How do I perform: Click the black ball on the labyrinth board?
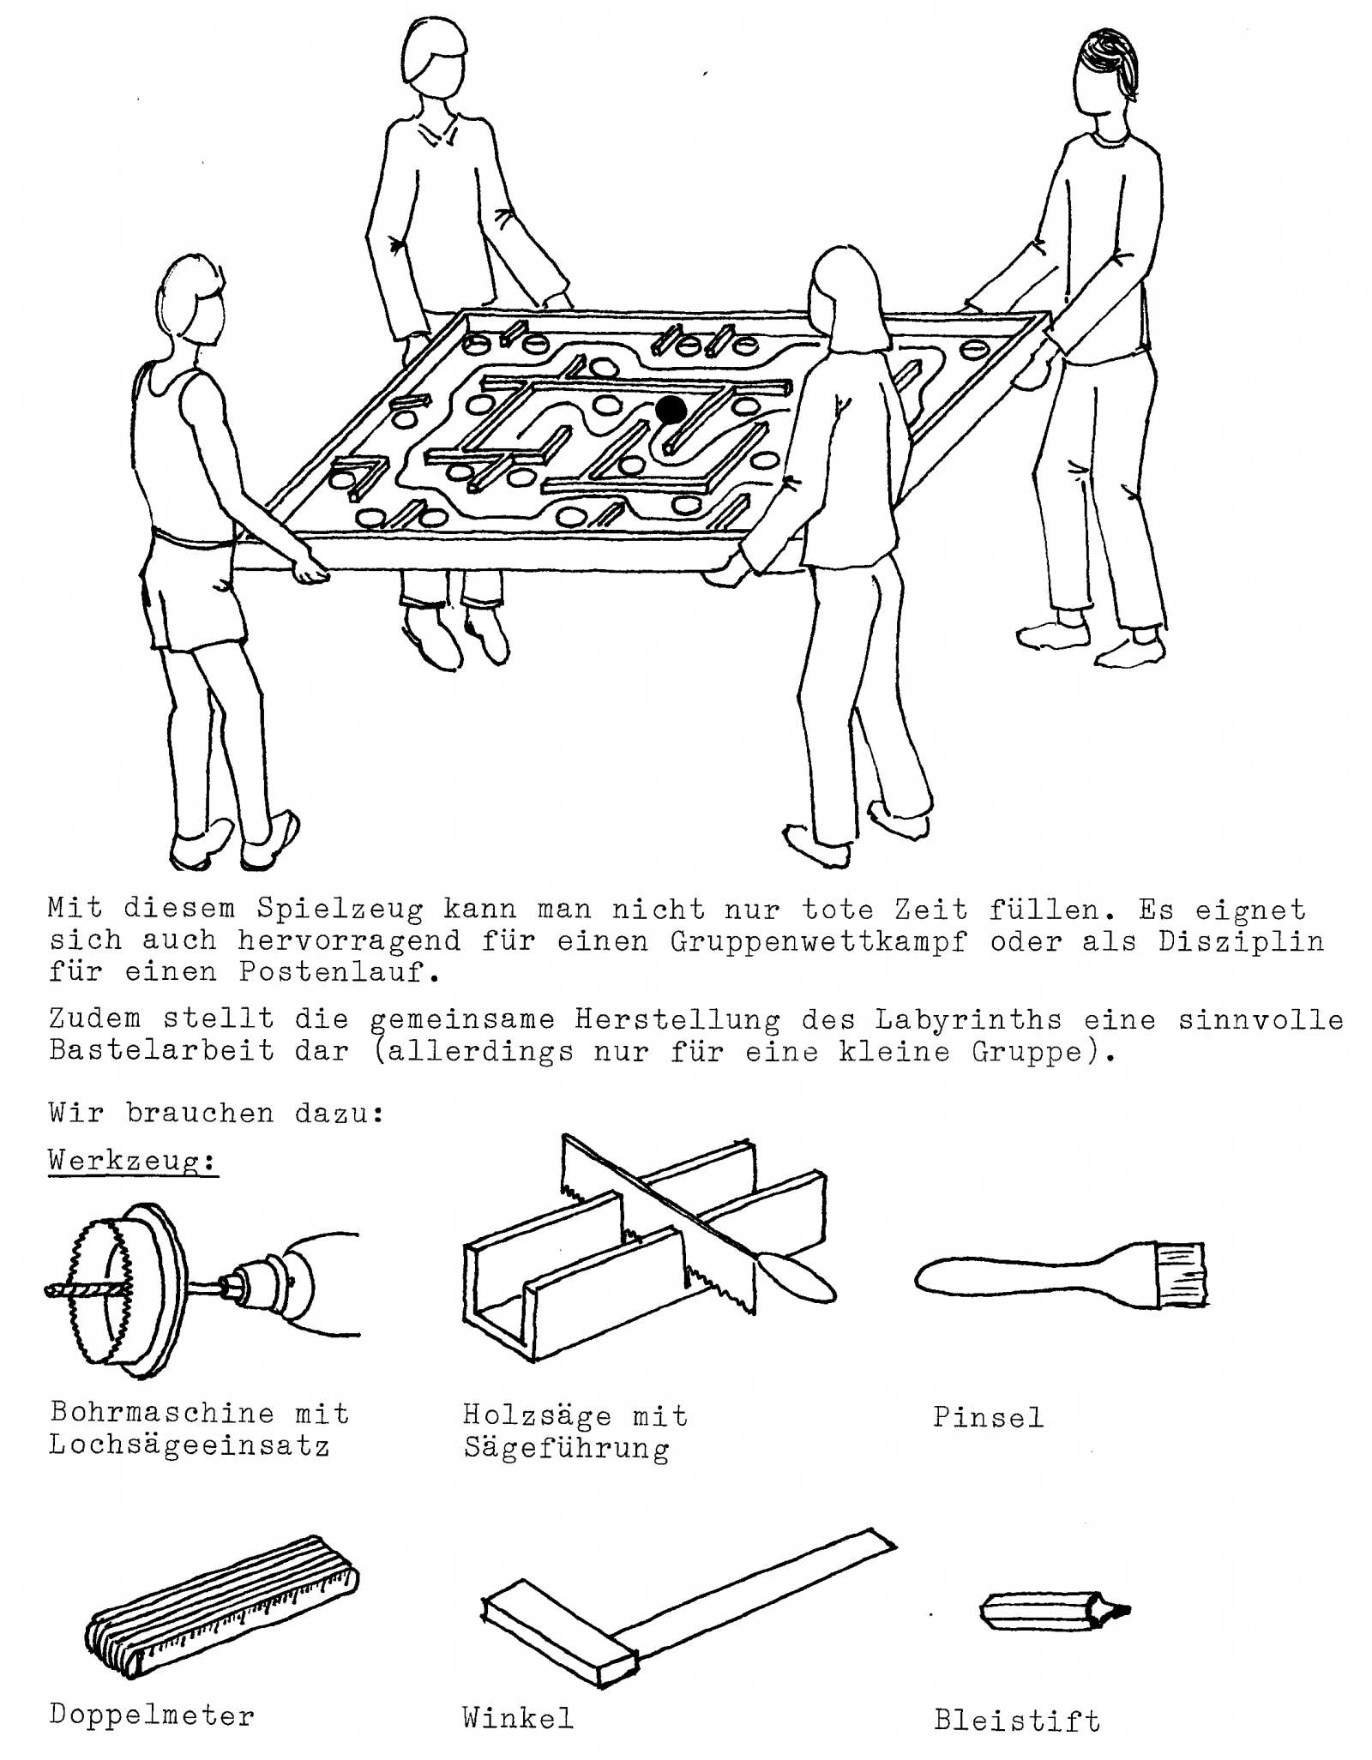(x=671, y=410)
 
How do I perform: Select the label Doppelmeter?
(x=152, y=1691)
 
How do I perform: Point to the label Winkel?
(x=517, y=1694)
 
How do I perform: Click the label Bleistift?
(x=1017, y=1697)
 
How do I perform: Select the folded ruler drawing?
(x=222, y=1601)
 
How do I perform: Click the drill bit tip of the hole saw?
(x=48, y=1289)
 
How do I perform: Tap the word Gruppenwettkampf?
(x=819, y=941)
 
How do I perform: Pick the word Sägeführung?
(x=566, y=1449)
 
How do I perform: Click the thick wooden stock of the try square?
(x=559, y=1625)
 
